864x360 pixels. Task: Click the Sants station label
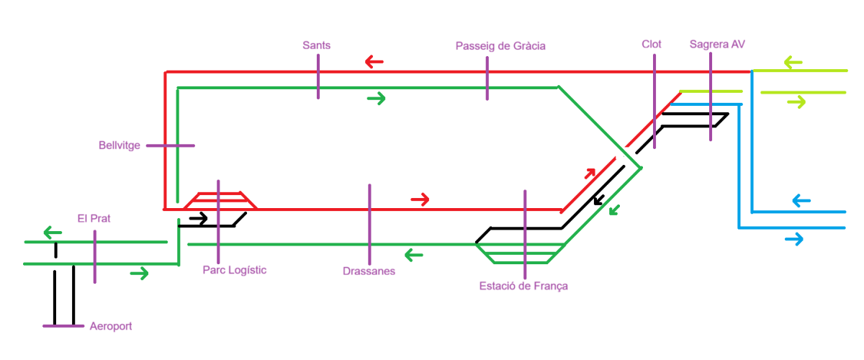(317, 45)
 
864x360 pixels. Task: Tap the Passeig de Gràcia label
(500, 46)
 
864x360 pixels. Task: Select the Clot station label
(651, 44)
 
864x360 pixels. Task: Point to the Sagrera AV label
(716, 44)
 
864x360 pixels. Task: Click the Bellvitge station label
(120, 145)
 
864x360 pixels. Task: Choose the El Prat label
(94, 218)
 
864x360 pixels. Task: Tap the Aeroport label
(111, 326)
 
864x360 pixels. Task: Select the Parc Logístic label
(235, 270)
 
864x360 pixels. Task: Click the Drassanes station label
(369, 271)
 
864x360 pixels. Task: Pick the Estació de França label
(523, 286)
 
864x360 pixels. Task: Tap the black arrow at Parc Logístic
(199, 217)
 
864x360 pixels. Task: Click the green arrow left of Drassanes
(413, 254)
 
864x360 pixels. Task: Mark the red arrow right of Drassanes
(420, 198)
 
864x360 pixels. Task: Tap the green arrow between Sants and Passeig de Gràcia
(376, 97)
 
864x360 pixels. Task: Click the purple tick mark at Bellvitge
(171, 145)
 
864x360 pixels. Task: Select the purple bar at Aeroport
(64, 326)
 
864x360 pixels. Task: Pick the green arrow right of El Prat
(140, 273)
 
